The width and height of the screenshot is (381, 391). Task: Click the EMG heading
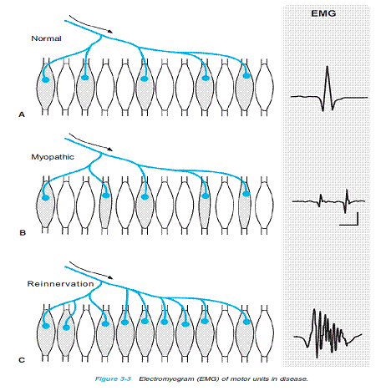pyautogui.click(x=323, y=13)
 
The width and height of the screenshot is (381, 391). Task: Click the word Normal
pyautogui.click(x=46, y=38)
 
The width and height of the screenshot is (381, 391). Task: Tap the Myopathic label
pyautogui.click(x=53, y=157)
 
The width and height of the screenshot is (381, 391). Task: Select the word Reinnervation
pyautogui.click(x=60, y=284)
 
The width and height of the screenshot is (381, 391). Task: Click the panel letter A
pyautogui.click(x=22, y=114)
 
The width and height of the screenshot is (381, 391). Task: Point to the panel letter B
pyautogui.click(x=23, y=232)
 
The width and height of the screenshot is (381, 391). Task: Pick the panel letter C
pyautogui.click(x=22, y=360)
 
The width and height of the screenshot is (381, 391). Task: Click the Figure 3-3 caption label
pyautogui.click(x=113, y=378)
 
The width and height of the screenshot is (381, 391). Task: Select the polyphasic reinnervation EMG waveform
pyautogui.click(x=328, y=333)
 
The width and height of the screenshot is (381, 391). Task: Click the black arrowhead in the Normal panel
pyautogui.click(x=110, y=32)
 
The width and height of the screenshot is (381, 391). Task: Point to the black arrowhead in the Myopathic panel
pyautogui.click(x=110, y=150)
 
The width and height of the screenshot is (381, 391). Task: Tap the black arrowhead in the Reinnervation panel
pyautogui.click(x=110, y=277)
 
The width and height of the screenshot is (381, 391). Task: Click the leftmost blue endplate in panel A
pyautogui.click(x=45, y=80)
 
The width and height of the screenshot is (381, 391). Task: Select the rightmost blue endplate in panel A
pyautogui.click(x=246, y=76)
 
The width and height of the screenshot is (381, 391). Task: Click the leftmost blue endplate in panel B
pyautogui.click(x=45, y=198)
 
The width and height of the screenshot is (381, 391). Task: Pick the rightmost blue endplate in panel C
pyautogui.click(x=246, y=322)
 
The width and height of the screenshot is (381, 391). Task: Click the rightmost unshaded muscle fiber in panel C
pyautogui.click(x=264, y=333)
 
